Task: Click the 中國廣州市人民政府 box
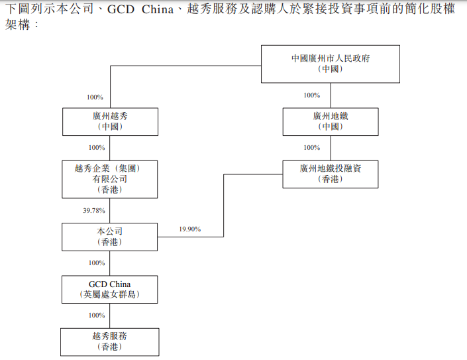(330, 64)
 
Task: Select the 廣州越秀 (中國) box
(110, 121)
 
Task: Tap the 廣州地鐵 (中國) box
(330, 121)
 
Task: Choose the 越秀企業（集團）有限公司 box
(110, 179)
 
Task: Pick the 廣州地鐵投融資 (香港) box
(330, 174)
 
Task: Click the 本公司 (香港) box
(110, 237)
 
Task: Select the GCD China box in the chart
(110, 289)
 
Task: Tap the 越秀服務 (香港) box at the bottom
(110, 341)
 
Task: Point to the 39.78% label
(94, 210)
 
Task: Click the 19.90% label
(189, 229)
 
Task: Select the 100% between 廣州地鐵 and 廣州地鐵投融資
(311, 147)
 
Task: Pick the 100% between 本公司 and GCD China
(97, 263)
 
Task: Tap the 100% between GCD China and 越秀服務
(97, 315)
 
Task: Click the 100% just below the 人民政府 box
(311, 95)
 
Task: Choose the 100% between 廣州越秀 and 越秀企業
(97, 147)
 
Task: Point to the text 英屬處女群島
(110, 294)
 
